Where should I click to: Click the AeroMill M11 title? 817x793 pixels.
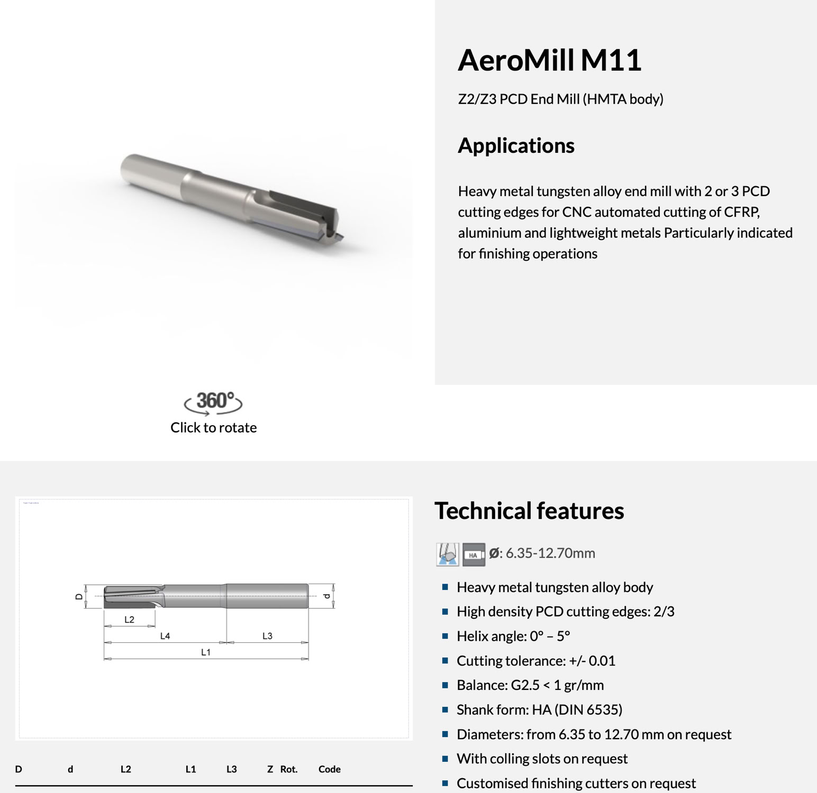coord(549,60)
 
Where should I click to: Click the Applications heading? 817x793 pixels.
coord(516,145)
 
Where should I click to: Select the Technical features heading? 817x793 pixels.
coord(529,511)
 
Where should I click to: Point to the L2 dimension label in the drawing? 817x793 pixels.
coord(130,620)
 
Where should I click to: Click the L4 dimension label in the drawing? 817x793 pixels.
coord(165,636)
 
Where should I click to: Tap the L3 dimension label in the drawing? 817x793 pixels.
coord(267,636)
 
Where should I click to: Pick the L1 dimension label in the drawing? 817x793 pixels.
coord(206,652)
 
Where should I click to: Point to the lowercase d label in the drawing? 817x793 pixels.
coord(327,596)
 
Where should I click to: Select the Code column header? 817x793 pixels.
coord(329,769)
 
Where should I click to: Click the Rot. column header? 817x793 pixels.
coord(289,769)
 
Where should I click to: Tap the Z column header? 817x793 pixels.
coord(270,769)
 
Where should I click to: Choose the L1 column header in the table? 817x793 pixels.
coord(190,769)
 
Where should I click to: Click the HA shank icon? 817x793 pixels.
coord(474,555)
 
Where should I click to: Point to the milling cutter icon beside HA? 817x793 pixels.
coord(448,555)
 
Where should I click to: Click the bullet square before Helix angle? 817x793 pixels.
coord(445,636)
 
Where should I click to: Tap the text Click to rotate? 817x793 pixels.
coord(213,428)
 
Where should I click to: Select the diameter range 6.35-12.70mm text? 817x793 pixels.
coord(550,553)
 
